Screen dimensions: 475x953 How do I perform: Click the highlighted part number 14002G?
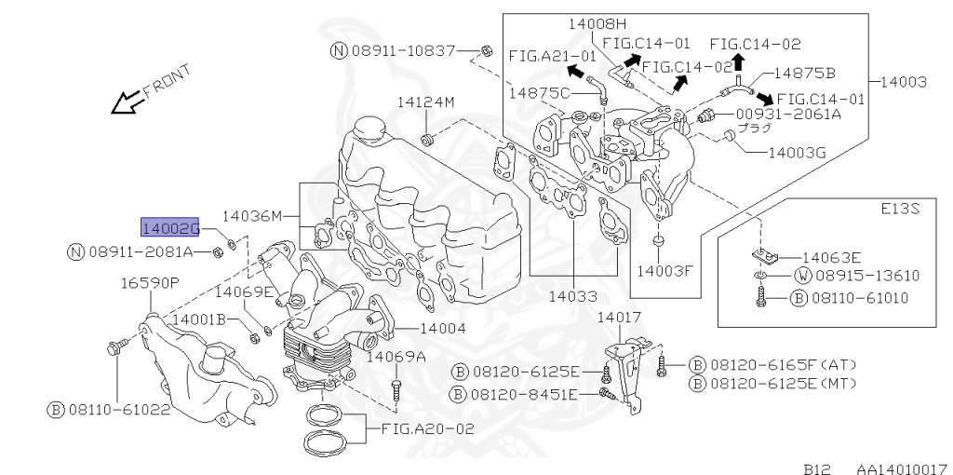coord(170,226)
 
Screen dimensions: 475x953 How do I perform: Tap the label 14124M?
coord(426,102)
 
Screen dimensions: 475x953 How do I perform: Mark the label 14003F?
coord(665,271)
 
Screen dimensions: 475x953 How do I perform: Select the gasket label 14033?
coord(571,296)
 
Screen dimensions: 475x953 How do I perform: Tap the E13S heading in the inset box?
coord(902,210)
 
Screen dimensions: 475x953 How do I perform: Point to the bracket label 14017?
coord(619,318)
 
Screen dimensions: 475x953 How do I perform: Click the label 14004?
coord(443,328)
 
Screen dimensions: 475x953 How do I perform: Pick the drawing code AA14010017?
coord(901,459)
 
